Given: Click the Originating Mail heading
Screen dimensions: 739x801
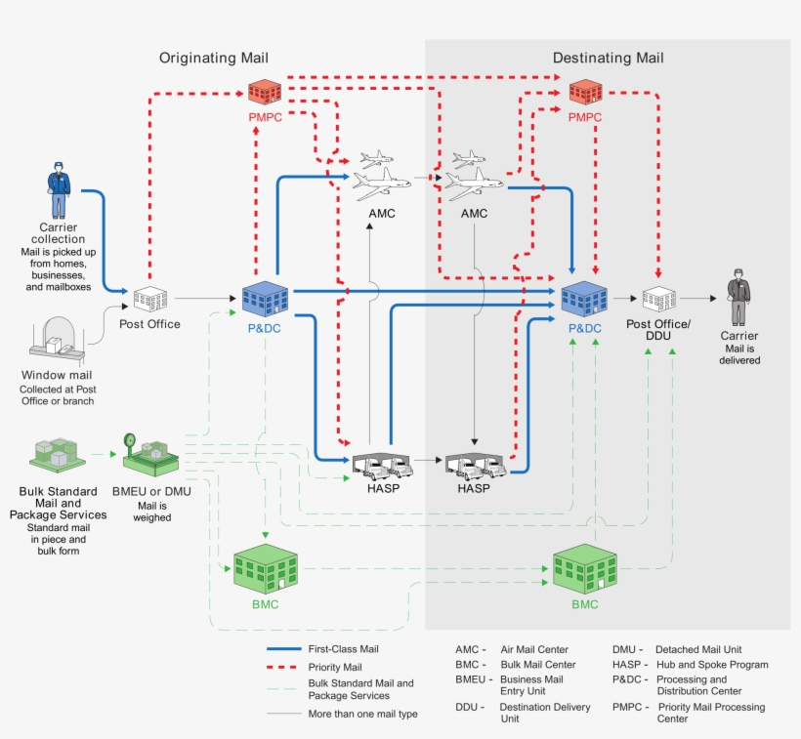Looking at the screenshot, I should tap(214, 59).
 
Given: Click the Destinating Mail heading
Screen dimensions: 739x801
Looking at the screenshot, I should tap(608, 59).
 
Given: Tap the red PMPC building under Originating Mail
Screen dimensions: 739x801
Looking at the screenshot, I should tap(264, 93).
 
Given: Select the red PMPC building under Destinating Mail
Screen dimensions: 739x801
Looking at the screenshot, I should tap(585, 93).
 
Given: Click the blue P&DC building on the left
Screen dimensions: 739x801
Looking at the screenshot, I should tap(265, 296).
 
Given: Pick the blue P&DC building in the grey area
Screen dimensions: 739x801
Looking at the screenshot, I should tap(584, 296).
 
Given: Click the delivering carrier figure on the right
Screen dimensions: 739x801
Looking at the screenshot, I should tap(738, 299).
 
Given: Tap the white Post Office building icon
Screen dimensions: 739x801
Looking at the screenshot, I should tap(150, 299).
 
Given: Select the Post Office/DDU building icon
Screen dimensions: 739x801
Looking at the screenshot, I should tap(658, 299).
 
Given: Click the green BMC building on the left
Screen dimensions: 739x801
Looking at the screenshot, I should tap(265, 566).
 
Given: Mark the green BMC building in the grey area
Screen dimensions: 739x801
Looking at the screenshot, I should tap(584, 566).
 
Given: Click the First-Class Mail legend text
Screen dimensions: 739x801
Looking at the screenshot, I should tap(343, 649).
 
